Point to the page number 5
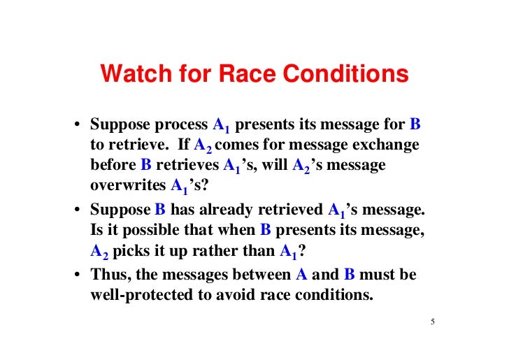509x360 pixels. click(433, 322)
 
